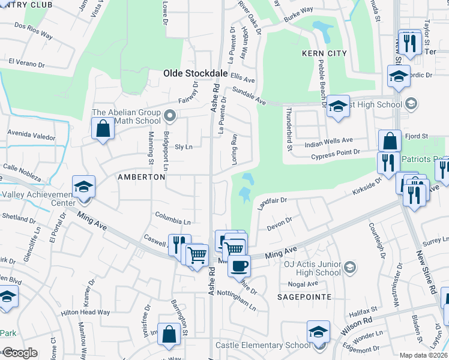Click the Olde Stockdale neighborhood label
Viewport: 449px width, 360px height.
point(196,73)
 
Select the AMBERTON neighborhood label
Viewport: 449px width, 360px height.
point(141,177)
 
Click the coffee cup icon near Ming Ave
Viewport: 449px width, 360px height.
point(239,265)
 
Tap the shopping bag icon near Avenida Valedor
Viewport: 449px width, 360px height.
point(103,128)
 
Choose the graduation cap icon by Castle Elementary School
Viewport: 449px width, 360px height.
point(318,332)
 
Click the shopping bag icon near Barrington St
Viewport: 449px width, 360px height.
point(169,334)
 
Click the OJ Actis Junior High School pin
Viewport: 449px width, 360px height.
point(351,266)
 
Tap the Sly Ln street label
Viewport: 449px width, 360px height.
point(183,146)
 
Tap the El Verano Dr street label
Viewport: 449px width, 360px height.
point(27,63)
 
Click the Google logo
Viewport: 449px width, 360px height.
point(20,353)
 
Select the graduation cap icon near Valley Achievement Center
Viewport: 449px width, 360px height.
point(83,186)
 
